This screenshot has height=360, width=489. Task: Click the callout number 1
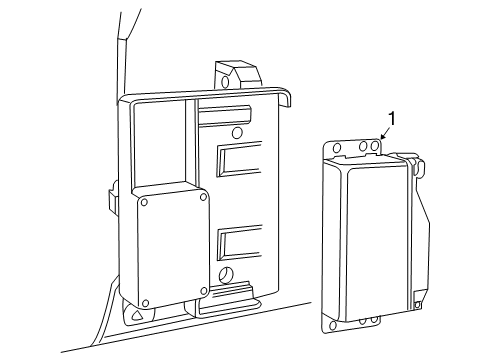coord(393,119)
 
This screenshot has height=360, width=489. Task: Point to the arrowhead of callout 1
coord(382,136)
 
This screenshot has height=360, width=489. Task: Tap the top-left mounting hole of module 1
coord(337,148)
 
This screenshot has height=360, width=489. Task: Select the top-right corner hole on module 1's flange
coord(375,146)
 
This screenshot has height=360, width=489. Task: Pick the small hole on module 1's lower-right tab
coord(417,305)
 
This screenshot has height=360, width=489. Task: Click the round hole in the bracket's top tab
coord(226,82)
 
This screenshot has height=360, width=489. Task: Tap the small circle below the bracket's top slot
coord(237,133)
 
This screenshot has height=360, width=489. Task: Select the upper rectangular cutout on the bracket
coord(239,159)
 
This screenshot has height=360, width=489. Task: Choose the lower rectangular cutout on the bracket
coord(239,243)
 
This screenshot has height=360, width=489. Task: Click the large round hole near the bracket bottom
coord(225,275)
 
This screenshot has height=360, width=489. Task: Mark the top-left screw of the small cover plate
coord(144,202)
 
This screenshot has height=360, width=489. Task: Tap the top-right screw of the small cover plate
coord(203,197)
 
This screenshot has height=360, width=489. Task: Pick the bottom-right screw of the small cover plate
coord(204,291)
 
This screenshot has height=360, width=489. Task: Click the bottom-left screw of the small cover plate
coord(145,303)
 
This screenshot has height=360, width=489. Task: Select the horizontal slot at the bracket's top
coord(224,115)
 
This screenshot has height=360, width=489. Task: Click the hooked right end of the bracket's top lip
coord(285,98)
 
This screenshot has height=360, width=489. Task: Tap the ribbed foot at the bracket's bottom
coord(227,298)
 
